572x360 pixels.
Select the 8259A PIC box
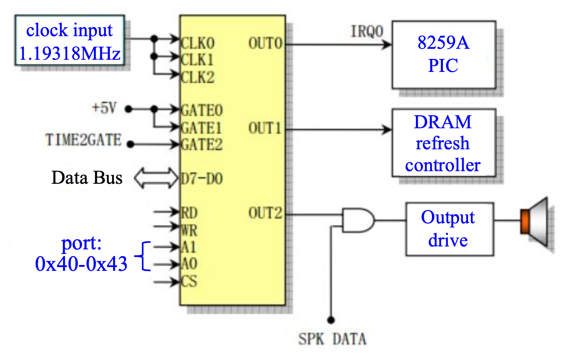tap(443, 54)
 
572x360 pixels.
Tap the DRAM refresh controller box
tap(443, 143)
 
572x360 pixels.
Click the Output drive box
tap(448, 229)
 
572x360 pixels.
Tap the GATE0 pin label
tap(201, 110)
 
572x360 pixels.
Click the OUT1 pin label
tap(264, 128)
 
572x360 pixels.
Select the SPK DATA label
tap(332, 339)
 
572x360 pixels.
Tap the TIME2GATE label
tap(83, 140)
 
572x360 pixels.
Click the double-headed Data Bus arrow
tap(156, 178)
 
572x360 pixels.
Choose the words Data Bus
tap(87, 178)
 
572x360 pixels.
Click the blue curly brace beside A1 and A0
tap(143, 255)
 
